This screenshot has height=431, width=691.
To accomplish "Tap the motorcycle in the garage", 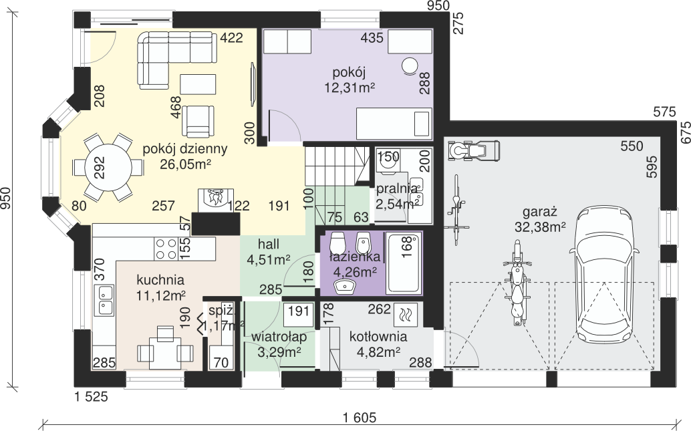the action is [517, 282].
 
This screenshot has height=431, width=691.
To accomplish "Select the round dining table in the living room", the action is [108, 168].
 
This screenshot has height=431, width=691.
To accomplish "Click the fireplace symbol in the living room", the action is [215, 200].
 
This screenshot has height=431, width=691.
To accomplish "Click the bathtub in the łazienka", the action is [403, 263].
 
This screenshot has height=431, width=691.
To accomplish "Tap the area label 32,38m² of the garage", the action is [540, 227].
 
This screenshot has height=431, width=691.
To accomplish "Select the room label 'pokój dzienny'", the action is [185, 149].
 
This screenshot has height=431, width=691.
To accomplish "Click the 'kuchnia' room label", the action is [160, 280].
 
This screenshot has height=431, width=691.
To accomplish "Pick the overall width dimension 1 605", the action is [360, 417].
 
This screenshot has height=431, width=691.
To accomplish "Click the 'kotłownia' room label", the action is [378, 337].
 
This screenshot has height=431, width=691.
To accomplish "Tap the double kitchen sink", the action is [104, 299].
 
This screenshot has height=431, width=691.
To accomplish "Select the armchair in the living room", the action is [198, 121].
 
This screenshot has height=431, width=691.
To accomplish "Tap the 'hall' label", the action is [269, 244].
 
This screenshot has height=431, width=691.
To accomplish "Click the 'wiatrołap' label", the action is [279, 337].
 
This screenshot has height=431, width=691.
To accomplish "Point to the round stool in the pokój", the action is [410, 66].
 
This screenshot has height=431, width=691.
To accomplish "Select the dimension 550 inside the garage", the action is [632, 146].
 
